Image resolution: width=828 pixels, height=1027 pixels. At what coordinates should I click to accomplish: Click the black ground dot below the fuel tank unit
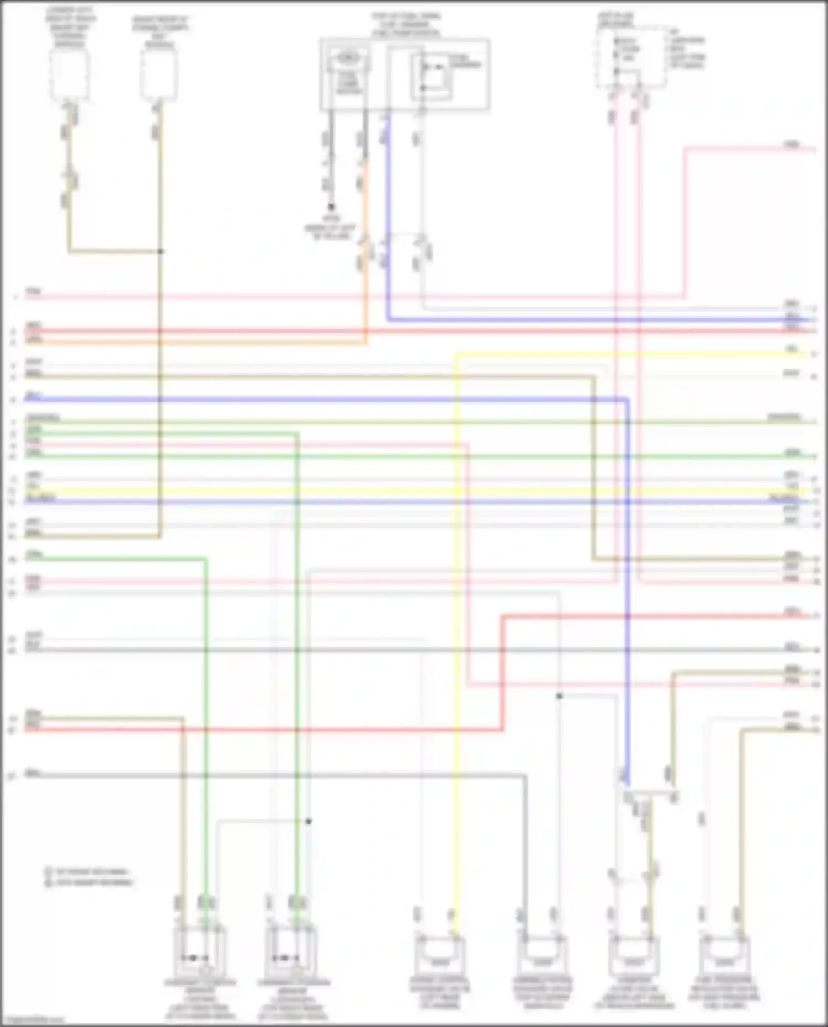tap(331, 207)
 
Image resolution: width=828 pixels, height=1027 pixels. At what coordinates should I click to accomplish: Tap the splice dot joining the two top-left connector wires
tap(161, 252)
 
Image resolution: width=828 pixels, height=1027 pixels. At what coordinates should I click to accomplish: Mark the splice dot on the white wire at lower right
tap(559, 696)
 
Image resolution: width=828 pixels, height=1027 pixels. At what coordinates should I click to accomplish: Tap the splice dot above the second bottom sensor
tap(309, 821)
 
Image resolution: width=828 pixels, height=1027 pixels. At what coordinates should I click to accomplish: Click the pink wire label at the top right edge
tap(792, 145)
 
